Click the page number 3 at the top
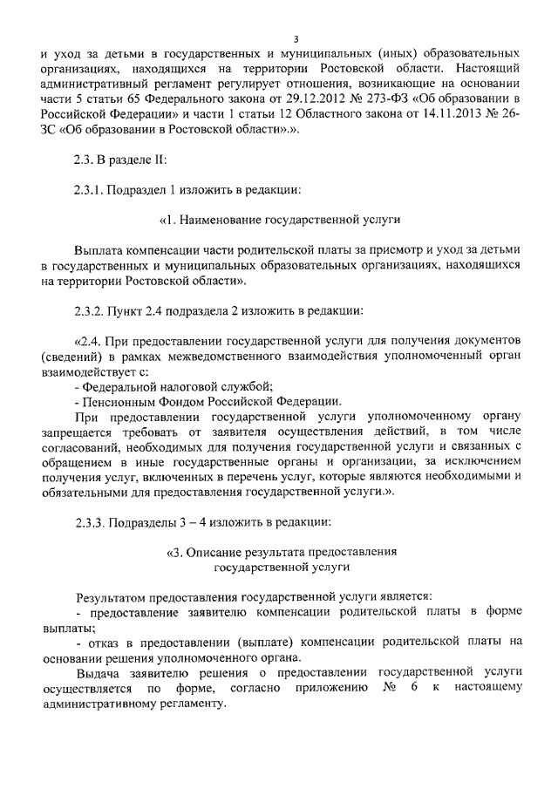tap(296, 37)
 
